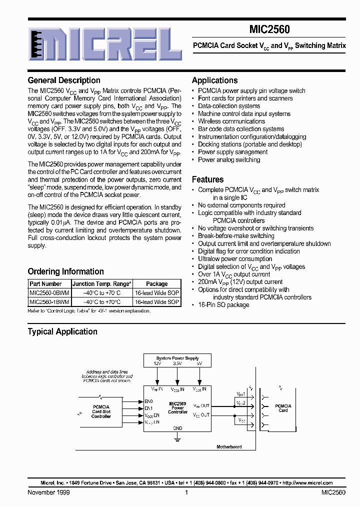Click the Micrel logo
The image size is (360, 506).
[x=104, y=43]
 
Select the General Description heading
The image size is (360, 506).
[x=64, y=80]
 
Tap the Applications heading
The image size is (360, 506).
[x=214, y=80]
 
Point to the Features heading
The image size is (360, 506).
[x=207, y=179]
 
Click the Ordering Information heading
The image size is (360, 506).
[x=65, y=272]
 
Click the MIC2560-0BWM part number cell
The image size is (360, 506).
[x=49, y=293]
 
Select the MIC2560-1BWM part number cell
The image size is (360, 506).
[x=49, y=302]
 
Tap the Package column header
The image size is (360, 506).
[x=156, y=284]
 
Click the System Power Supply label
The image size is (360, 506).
[x=177, y=358]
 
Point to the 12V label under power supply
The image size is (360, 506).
[x=157, y=364]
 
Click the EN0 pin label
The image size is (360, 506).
[x=148, y=401]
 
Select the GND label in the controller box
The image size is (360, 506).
[x=177, y=428]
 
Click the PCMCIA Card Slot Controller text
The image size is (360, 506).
[x=101, y=411]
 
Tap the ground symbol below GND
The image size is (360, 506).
[x=177, y=438]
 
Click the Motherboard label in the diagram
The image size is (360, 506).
[x=229, y=446]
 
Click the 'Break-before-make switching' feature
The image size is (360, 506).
[x=236, y=236]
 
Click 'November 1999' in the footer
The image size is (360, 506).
[x=48, y=492]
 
